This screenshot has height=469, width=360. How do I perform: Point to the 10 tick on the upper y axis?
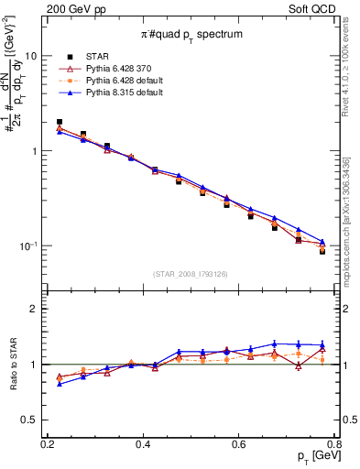pos(30,56)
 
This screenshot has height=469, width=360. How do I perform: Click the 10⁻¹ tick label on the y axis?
pos(27,246)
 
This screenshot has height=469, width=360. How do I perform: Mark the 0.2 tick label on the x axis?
pos(48,443)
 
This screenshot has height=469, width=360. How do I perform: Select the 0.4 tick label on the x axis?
pos(143,443)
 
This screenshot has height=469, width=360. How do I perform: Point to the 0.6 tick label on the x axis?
pos(239,443)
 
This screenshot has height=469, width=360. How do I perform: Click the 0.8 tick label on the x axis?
pos(334,443)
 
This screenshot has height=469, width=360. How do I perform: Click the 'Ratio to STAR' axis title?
pos(12,364)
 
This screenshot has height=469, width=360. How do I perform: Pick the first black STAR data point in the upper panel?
pos(60,122)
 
